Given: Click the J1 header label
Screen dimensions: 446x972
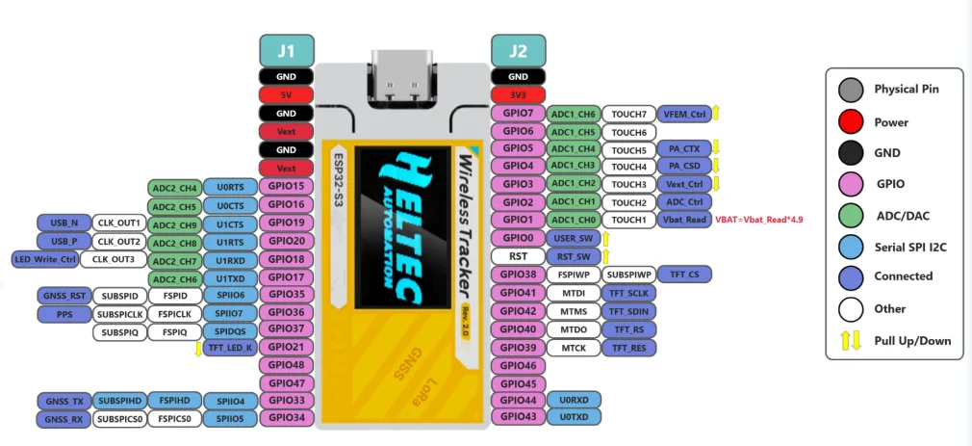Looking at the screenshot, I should tap(287, 49).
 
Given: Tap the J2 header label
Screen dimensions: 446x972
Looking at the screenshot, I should tap(518, 49).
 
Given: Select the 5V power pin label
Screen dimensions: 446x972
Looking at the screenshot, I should tap(286, 95).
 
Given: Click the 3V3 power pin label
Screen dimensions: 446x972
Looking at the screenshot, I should tap(518, 95).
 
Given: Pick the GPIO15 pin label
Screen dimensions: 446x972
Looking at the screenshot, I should tap(286, 186).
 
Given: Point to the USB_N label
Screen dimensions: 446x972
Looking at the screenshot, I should tap(64, 223).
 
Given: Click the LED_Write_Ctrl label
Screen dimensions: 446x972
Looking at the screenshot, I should tap(43, 259).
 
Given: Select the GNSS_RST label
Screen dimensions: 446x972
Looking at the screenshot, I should tap(64, 295).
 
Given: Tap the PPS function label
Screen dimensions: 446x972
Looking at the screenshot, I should tap(64, 313).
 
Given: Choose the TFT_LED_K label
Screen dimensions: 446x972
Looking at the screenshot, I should tap(229, 348).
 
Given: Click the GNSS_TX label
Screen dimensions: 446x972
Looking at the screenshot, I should tap(64, 401).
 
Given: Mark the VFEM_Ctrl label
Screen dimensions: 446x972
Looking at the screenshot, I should tap(684, 114).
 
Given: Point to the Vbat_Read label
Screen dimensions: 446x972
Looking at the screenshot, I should tap(684, 220).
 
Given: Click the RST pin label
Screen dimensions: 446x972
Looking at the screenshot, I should tap(518, 256).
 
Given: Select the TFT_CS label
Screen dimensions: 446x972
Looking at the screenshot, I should tap(684, 275).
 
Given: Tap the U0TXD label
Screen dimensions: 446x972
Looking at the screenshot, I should tap(574, 416).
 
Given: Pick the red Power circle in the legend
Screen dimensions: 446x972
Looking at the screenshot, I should tap(850, 122).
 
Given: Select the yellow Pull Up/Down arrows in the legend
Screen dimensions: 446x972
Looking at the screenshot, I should tap(850, 340).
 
